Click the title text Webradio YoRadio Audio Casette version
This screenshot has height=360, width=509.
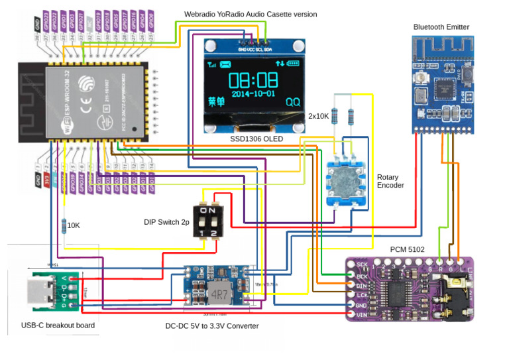point(250,14)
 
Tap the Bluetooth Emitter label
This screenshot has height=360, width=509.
point(441,27)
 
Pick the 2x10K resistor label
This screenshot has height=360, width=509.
point(319,115)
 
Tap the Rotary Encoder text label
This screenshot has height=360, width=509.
point(391,181)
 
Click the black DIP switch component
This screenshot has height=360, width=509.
point(208,219)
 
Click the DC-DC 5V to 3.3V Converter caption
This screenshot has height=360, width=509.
point(212,326)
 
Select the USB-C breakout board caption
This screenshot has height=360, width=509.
point(58,325)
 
